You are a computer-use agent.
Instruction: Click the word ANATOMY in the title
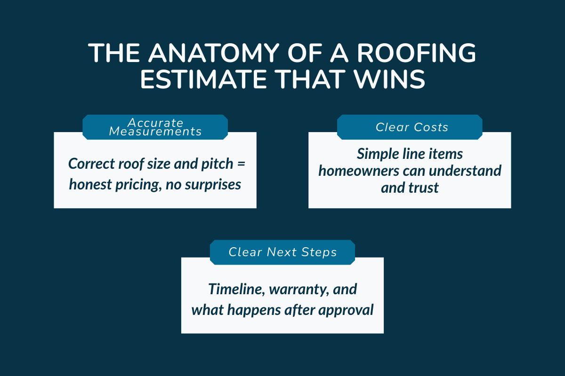click(x=205, y=55)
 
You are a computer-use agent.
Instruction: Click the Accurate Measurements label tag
click(x=155, y=127)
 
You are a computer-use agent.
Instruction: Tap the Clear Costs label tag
click(x=410, y=127)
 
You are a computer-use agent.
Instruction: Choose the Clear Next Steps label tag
click(x=282, y=252)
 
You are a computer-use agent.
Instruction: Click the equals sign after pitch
click(x=242, y=164)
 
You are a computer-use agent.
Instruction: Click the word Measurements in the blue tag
click(x=155, y=132)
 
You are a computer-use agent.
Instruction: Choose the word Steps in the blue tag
click(x=320, y=252)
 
